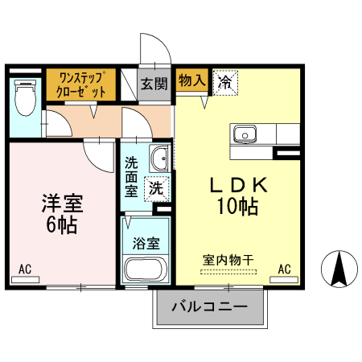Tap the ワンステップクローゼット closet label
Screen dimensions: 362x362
pos(83,86)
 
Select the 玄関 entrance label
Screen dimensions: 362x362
pos(154,83)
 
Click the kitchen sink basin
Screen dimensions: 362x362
pos(244,133)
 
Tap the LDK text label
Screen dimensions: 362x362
pos(238,185)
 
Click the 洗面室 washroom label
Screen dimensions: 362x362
pos(131,177)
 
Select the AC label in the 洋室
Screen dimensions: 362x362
pos(24,268)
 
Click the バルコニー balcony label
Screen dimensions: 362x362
pos(209,306)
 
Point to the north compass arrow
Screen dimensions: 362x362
pos(339,268)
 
